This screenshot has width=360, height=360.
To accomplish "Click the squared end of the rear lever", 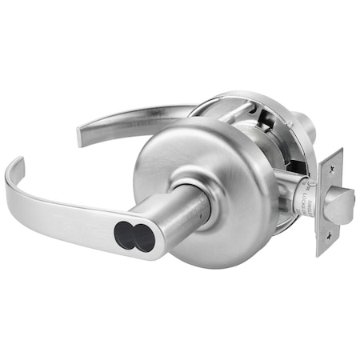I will pyautogui.click(x=82, y=134).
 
